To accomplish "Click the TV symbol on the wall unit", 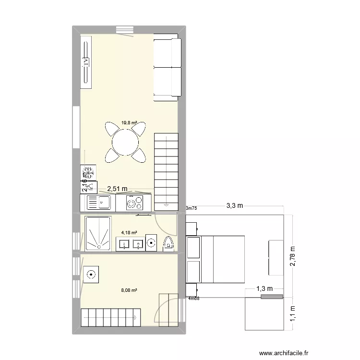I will [x=86, y=61].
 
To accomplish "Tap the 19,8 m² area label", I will [x=129, y=123].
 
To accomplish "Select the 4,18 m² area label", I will [x=129, y=233].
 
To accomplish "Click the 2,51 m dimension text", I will [x=117, y=189].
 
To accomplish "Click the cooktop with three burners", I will [x=134, y=203].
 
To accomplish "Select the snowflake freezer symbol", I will [x=88, y=171].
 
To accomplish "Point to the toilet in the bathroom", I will [x=168, y=243].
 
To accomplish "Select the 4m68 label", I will [x=194, y=299].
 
